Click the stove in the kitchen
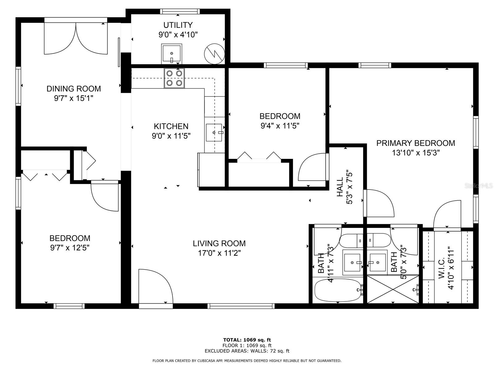point(174,78)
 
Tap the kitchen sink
point(214,132)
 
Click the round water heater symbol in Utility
point(214,54)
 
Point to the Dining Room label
point(73,89)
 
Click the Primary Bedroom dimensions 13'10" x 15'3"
point(416,153)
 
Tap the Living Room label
point(219,243)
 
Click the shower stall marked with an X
point(393,289)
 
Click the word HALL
point(340,187)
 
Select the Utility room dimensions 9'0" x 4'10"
point(178,35)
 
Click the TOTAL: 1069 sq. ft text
point(247,340)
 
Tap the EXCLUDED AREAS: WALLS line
point(247,351)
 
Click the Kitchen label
point(171,126)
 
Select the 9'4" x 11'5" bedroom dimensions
point(280,126)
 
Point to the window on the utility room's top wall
point(180,11)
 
